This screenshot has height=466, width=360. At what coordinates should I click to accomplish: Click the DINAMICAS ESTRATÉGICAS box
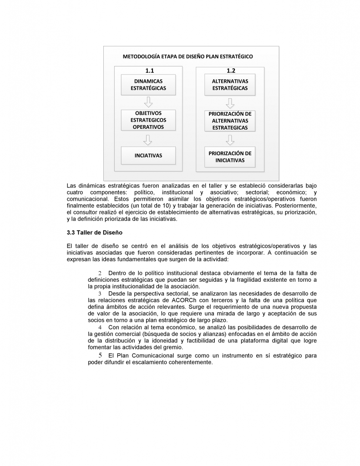pyautogui.click(x=148, y=85)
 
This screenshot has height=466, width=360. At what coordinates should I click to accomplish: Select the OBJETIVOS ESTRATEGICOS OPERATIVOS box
pyautogui.click(x=148, y=120)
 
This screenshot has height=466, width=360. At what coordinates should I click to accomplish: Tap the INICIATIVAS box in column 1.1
pyautogui.click(x=148, y=155)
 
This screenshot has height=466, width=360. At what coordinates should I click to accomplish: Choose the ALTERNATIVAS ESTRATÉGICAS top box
pyautogui.click(x=230, y=85)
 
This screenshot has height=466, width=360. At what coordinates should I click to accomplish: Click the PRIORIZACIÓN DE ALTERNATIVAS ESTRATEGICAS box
pyautogui.click(x=230, y=121)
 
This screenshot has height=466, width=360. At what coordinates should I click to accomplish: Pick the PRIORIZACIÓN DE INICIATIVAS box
pyautogui.click(x=230, y=157)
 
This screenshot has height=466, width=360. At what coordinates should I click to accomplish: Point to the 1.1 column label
pyautogui.click(x=149, y=71)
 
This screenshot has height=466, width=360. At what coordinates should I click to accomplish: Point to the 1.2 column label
pyautogui.click(x=231, y=71)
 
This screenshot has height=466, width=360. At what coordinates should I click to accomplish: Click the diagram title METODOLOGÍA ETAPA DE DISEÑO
pyautogui.click(x=188, y=57)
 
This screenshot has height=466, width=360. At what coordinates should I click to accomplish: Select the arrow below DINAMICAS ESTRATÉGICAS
pyautogui.click(x=148, y=102)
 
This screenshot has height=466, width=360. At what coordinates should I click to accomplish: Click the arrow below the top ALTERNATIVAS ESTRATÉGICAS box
pyautogui.click(x=230, y=102)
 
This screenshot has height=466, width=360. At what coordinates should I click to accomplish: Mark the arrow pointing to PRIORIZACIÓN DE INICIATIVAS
pyautogui.click(x=230, y=139)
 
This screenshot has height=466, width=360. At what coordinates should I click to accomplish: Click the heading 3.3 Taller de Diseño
pyautogui.click(x=94, y=233)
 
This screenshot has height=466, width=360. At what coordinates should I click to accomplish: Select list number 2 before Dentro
pyautogui.click(x=100, y=273)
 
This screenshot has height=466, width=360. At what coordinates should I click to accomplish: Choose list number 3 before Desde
pyautogui.click(x=100, y=294)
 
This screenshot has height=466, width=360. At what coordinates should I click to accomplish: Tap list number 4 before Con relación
pyautogui.click(x=100, y=328)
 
